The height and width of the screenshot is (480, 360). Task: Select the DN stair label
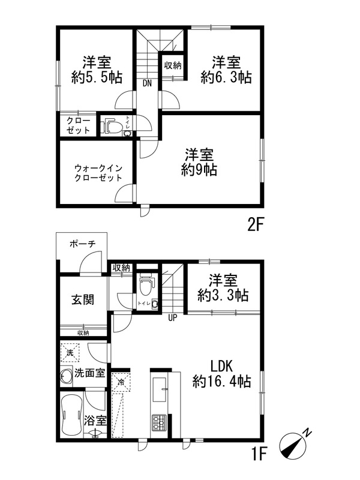pos(147,83)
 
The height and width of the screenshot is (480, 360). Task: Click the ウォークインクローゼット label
pos(98,173)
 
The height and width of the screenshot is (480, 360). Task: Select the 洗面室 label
pos(89,373)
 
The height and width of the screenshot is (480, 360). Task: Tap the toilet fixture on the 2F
pos(112,127)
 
